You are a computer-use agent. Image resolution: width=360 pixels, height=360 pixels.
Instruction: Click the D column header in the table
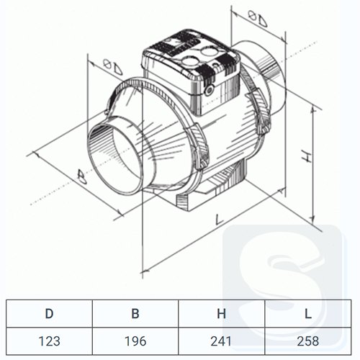[x=49, y=313]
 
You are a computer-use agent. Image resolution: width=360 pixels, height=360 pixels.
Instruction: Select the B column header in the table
[x=135, y=313]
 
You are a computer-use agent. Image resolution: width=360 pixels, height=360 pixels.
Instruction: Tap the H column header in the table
[x=221, y=313]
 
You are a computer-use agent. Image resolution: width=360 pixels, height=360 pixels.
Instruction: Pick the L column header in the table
[x=308, y=313]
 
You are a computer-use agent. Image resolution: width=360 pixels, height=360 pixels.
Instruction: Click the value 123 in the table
[x=49, y=341]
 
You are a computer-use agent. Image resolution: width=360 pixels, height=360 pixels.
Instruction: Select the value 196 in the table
[x=135, y=341]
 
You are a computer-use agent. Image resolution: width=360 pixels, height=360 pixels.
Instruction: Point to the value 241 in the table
[x=221, y=341]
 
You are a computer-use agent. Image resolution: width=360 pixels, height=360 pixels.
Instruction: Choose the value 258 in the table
[x=308, y=341]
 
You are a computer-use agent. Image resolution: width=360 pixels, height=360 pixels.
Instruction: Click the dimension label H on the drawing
[x=306, y=156]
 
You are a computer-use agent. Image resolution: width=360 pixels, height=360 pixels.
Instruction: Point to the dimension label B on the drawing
[x=81, y=176]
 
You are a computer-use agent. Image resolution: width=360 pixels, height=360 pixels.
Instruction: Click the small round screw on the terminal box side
[x=210, y=89]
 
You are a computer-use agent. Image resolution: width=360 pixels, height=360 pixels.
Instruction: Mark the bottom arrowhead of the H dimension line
[x=312, y=218]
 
